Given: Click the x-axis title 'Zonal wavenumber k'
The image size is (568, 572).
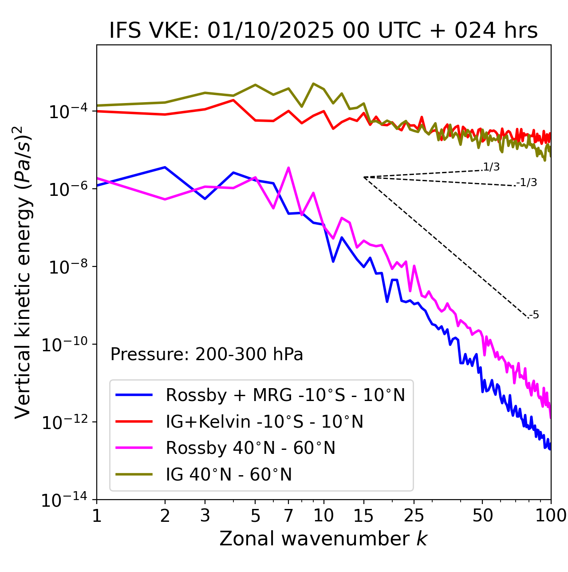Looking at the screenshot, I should tap(323, 538).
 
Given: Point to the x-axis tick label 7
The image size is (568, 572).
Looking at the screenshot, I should tap(288, 516).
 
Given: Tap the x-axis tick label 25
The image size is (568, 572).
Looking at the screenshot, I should tap(414, 516).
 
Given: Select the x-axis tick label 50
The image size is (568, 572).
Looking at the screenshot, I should tap(482, 516).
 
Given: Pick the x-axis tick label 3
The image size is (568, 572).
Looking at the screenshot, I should tap(205, 516).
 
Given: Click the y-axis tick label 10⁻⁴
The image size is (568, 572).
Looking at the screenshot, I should tap(67, 111).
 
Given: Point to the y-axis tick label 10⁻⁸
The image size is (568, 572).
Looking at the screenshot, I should tap(67, 267).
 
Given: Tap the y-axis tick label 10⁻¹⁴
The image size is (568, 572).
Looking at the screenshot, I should tap(64, 500).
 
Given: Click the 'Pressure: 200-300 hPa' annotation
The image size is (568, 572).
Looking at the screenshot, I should tap(207, 354).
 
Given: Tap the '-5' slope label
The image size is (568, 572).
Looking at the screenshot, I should tap(534, 315).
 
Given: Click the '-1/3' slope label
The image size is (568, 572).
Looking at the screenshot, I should tap(527, 183).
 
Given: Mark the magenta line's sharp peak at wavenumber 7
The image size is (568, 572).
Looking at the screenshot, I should tap(288, 168).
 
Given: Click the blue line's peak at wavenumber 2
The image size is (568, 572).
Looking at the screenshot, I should tap(165, 167).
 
